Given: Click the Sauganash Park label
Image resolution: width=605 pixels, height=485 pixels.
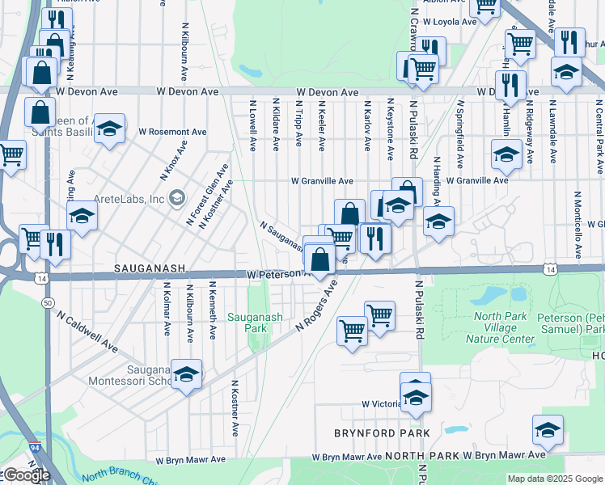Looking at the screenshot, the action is [x=255, y=323].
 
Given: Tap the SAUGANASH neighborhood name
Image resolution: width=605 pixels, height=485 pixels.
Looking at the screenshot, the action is [x=150, y=268].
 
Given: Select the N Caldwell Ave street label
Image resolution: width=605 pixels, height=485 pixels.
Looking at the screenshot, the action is [x=87, y=332].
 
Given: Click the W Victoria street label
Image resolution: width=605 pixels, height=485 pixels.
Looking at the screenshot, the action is [x=382, y=403].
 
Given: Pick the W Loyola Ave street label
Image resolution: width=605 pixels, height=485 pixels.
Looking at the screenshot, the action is [x=450, y=22].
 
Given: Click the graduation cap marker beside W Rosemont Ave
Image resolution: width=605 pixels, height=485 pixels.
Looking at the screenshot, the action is [x=110, y=129].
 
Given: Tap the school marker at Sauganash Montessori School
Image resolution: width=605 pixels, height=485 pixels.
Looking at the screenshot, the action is [x=186, y=374].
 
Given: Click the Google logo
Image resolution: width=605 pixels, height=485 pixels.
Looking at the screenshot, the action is [x=26, y=475].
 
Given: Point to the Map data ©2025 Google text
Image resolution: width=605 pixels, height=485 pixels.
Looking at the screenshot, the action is [x=555, y=479].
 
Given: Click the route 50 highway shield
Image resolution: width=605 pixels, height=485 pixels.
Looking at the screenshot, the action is [x=49, y=302].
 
